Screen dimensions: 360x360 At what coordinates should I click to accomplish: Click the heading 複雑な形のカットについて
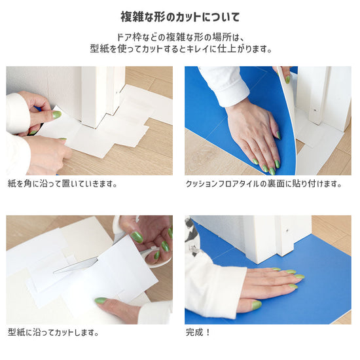[x=180, y=17]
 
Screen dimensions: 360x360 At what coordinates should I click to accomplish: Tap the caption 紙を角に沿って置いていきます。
[x=63, y=184]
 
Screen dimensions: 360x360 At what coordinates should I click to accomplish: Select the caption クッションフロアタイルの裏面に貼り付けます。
[x=264, y=184]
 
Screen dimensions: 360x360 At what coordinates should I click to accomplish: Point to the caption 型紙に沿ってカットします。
[x=53, y=333]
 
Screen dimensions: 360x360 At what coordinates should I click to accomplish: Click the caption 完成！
[x=198, y=333]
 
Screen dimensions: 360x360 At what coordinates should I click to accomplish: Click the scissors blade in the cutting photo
[x=76, y=265]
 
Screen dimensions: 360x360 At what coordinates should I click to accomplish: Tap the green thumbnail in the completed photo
[x=257, y=305]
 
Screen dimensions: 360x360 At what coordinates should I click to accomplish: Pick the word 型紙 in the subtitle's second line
[x=99, y=48]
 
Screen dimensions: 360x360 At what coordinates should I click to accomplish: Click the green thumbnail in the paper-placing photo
[x=57, y=114]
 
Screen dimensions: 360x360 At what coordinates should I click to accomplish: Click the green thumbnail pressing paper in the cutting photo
[x=101, y=300]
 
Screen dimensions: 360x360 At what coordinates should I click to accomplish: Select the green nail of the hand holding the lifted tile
[x=287, y=79]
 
